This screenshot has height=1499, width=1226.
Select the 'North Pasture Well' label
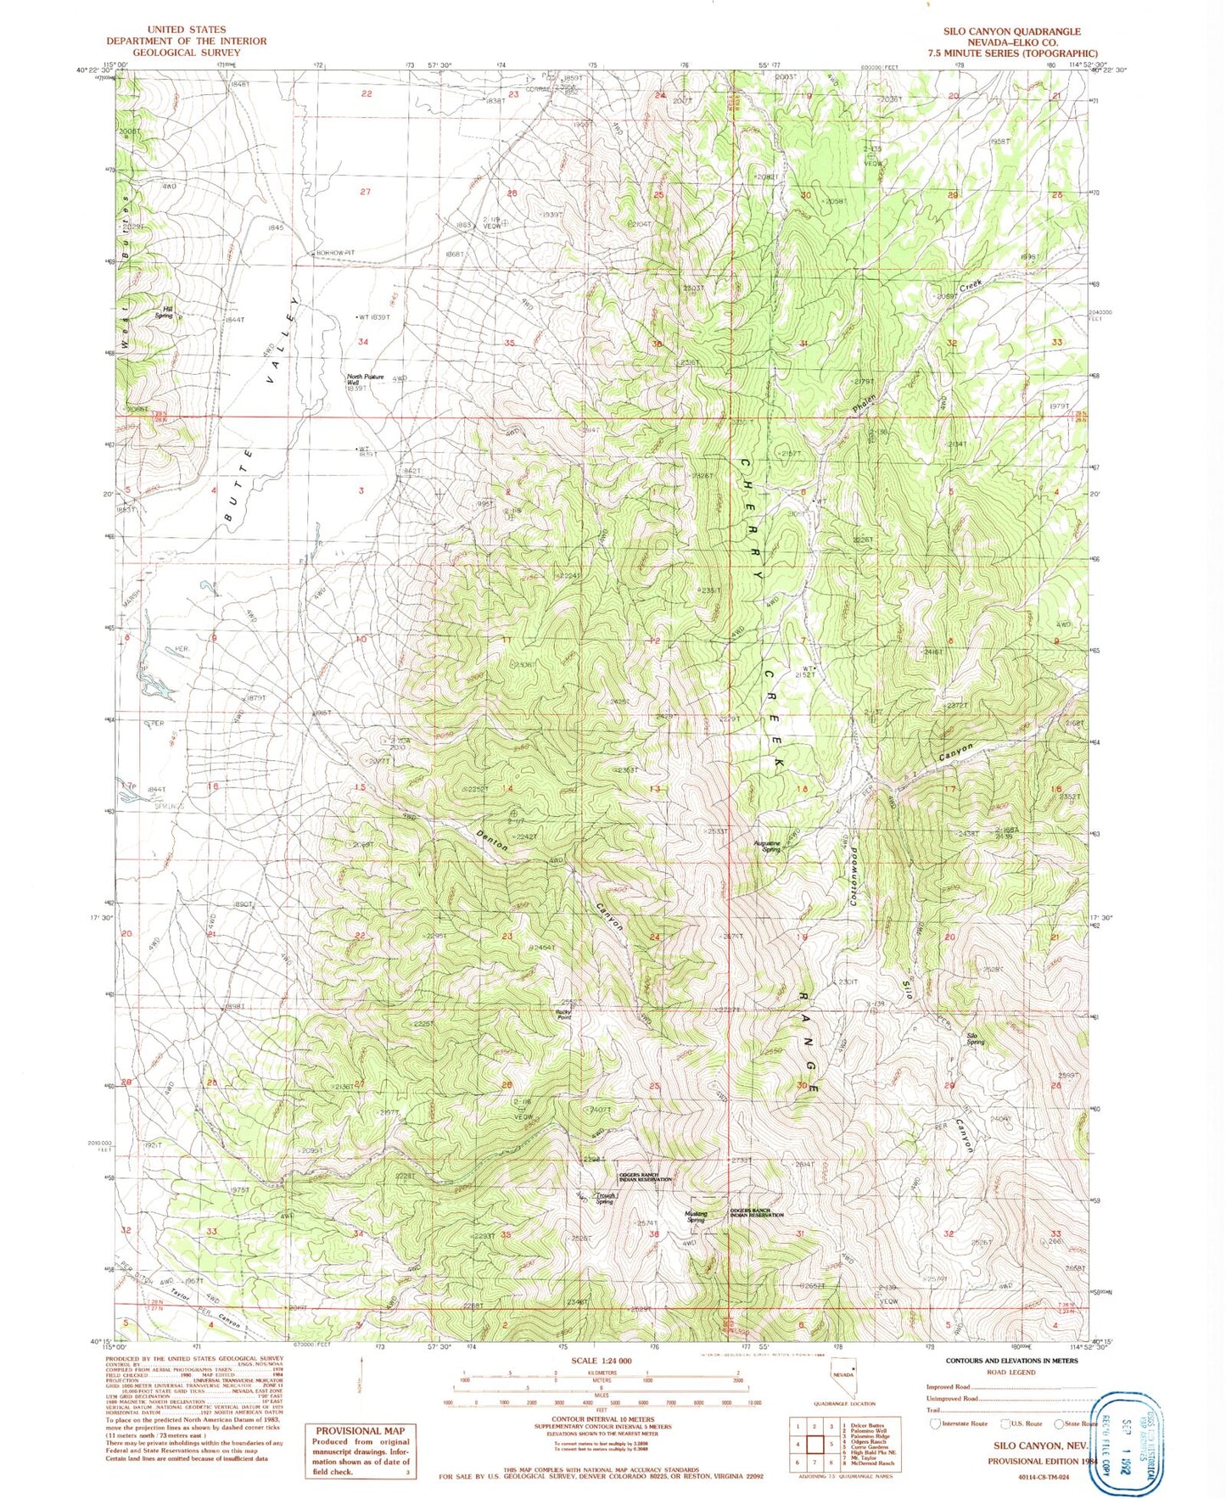365,380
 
